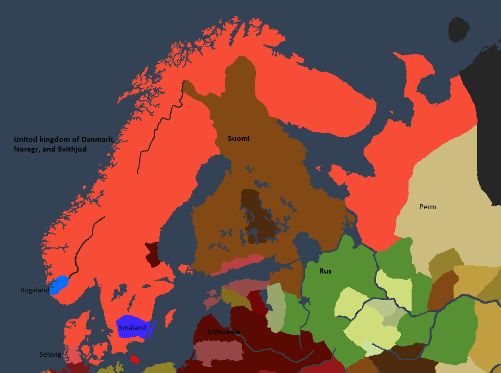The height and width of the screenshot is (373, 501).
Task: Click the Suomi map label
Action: tap(238, 138)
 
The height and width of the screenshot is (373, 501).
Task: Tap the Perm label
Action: tap(427, 207)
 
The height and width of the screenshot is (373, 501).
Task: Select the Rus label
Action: tap(325, 271)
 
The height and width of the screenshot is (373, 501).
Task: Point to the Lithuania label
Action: tap(224, 332)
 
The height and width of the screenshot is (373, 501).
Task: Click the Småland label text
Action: tap(132, 328)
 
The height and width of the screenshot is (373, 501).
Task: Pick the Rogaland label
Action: tap(35, 290)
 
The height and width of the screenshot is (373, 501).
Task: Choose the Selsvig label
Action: tap(50, 354)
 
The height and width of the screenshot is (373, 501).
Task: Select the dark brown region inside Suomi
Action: tap(258, 217)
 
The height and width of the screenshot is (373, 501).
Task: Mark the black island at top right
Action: tap(460, 30)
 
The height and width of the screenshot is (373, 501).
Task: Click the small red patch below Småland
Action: tap(135, 359)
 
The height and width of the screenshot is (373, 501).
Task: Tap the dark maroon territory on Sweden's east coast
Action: tap(152, 254)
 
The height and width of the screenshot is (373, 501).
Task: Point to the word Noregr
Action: tap(28, 149)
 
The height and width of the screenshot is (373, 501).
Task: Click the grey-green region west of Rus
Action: tap(275, 306)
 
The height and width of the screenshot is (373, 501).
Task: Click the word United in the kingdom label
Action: tap(26, 139)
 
